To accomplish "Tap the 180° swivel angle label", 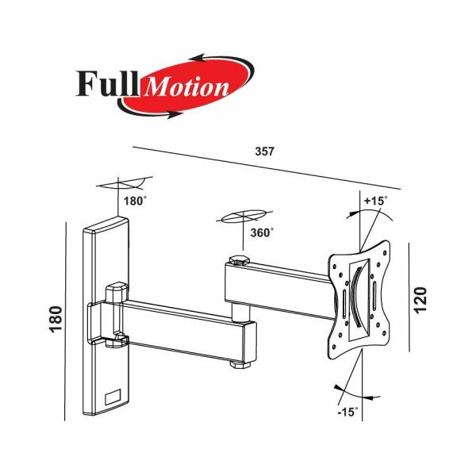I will pos(135,201).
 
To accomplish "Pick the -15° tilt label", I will pos(346,413).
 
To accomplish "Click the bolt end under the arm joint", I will pos(239,364).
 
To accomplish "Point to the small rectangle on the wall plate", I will pos(113,393).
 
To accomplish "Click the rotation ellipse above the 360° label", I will pos(243,217).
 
